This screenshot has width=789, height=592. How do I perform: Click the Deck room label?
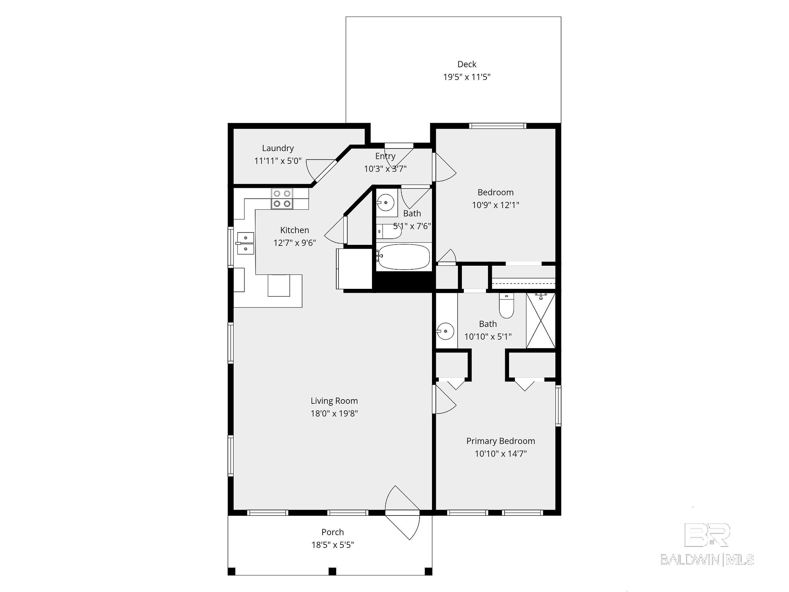click(466, 64)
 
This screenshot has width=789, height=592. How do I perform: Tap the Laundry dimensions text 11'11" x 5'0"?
click(278, 161)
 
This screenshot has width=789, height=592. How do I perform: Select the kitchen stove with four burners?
click(282, 199)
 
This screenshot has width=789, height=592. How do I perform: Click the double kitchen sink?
click(245, 243)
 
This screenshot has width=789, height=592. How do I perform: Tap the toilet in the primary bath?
click(506, 306)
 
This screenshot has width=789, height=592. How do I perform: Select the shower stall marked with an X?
click(541, 320)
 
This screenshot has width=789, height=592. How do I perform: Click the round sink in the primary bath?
click(445, 331)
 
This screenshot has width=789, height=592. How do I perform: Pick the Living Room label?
click(334, 401)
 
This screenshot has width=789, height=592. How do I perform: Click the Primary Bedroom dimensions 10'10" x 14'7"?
click(500, 454)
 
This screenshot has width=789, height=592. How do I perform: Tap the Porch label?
click(332, 532)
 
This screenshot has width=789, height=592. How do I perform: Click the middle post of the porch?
click(332, 571)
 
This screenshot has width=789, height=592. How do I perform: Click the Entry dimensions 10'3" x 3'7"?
click(385, 169)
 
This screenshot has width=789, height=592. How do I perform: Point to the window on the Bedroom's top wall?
click(498, 126)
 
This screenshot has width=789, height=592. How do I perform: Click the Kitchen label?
click(295, 230)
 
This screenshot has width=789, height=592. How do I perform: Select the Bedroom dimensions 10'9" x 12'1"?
click(495, 205)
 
